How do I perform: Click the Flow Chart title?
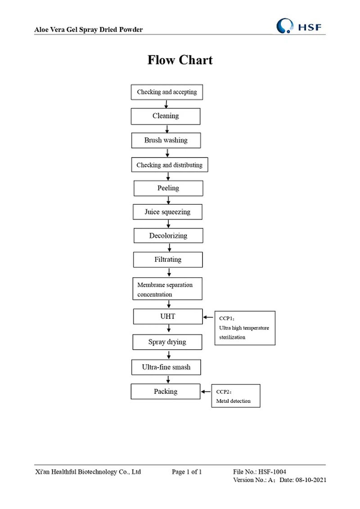[180, 60]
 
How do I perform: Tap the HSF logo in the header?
[299, 26]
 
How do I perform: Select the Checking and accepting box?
[166, 92]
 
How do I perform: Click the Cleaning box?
[165, 116]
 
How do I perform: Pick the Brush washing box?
[166, 140]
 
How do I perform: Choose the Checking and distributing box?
[169, 165]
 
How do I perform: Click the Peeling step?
[168, 188]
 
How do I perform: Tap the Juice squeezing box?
[167, 212]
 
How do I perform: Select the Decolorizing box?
[168, 236]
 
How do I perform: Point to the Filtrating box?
[168, 260]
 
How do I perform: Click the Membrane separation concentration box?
[168, 289]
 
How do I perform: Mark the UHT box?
[167, 316]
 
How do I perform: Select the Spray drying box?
[167, 342]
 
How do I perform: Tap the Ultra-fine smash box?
[166, 367]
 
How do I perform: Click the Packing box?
[165, 392]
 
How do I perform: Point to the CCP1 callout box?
[244, 328]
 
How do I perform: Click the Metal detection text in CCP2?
[233, 401]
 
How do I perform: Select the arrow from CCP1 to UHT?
[208, 317]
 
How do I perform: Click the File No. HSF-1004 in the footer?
[260, 472]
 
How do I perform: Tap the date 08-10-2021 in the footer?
[310, 480]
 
